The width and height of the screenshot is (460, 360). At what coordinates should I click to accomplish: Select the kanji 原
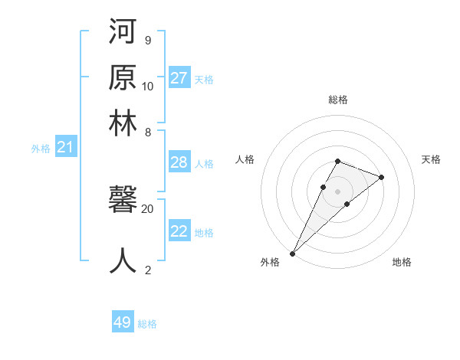click(x=123, y=79)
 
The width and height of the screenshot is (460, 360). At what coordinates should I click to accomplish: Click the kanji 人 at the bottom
click(x=123, y=260)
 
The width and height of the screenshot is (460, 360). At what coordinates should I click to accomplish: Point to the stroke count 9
click(x=147, y=40)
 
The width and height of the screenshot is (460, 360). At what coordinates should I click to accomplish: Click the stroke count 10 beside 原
click(x=148, y=86)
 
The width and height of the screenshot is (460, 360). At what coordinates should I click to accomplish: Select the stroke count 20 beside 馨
click(x=148, y=208)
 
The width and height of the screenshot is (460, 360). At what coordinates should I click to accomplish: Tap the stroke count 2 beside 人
click(x=148, y=269)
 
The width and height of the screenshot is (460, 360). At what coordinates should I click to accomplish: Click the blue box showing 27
click(x=179, y=78)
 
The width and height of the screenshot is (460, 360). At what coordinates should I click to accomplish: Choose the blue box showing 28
click(x=179, y=162)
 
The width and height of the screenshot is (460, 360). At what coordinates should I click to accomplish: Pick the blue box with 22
click(x=179, y=231)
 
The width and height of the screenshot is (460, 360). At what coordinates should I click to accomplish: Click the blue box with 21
click(x=65, y=147)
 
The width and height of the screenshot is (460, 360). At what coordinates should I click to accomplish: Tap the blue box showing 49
click(x=123, y=322)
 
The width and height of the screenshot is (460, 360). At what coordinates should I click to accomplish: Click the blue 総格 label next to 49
click(x=147, y=324)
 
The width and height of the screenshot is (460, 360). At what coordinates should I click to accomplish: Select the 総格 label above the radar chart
click(x=337, y=100)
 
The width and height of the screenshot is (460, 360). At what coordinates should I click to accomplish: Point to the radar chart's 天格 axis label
click(x=431, y=159)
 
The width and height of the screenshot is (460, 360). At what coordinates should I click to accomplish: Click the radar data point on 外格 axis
click(x=293, y=253)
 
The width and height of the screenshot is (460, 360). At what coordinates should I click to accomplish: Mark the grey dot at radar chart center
click(x=337, y=191)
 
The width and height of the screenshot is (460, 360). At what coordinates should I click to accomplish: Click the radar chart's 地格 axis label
click(x=402, y=262)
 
